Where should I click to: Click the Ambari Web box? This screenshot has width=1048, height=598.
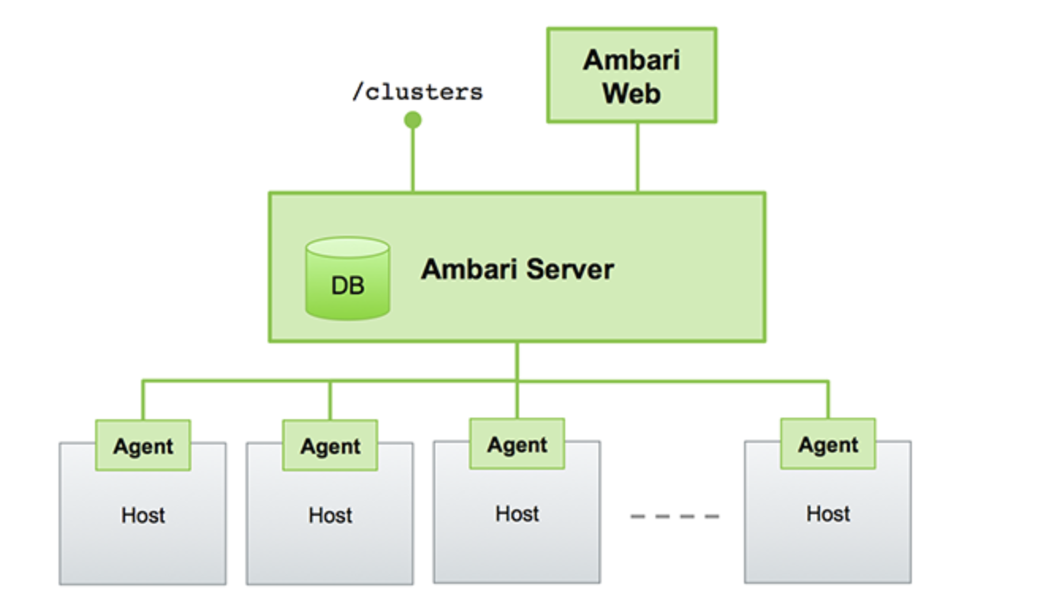click(x=631, y=76)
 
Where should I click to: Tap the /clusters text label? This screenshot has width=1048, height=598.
click(x=417, y=92)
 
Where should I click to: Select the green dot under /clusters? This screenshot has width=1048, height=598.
click(x=412, y=120)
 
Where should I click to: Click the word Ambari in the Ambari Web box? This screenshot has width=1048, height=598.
click(x=631, y=60)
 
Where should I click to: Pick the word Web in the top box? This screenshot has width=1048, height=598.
click(x=631, y=93)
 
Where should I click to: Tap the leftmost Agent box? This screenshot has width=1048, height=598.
click(x=142, y=446)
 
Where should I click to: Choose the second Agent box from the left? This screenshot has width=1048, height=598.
click(x=330, y=446)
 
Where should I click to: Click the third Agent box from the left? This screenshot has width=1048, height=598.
click(x=517, y=445)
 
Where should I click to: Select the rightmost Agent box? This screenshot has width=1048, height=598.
click(x=828, y=445)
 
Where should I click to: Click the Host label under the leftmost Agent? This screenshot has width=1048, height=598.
click(x=143, y=516)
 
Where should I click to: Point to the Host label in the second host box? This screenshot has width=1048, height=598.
click(x=330, y=516)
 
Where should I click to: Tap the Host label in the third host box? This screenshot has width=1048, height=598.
click(x=517, y=514)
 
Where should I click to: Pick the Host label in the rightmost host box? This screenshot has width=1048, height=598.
click(x=828, y=514)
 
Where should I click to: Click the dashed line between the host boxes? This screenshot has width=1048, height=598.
click(x=674, y=517)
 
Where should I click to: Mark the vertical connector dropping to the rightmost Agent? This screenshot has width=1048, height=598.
click(x=828, y=400)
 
